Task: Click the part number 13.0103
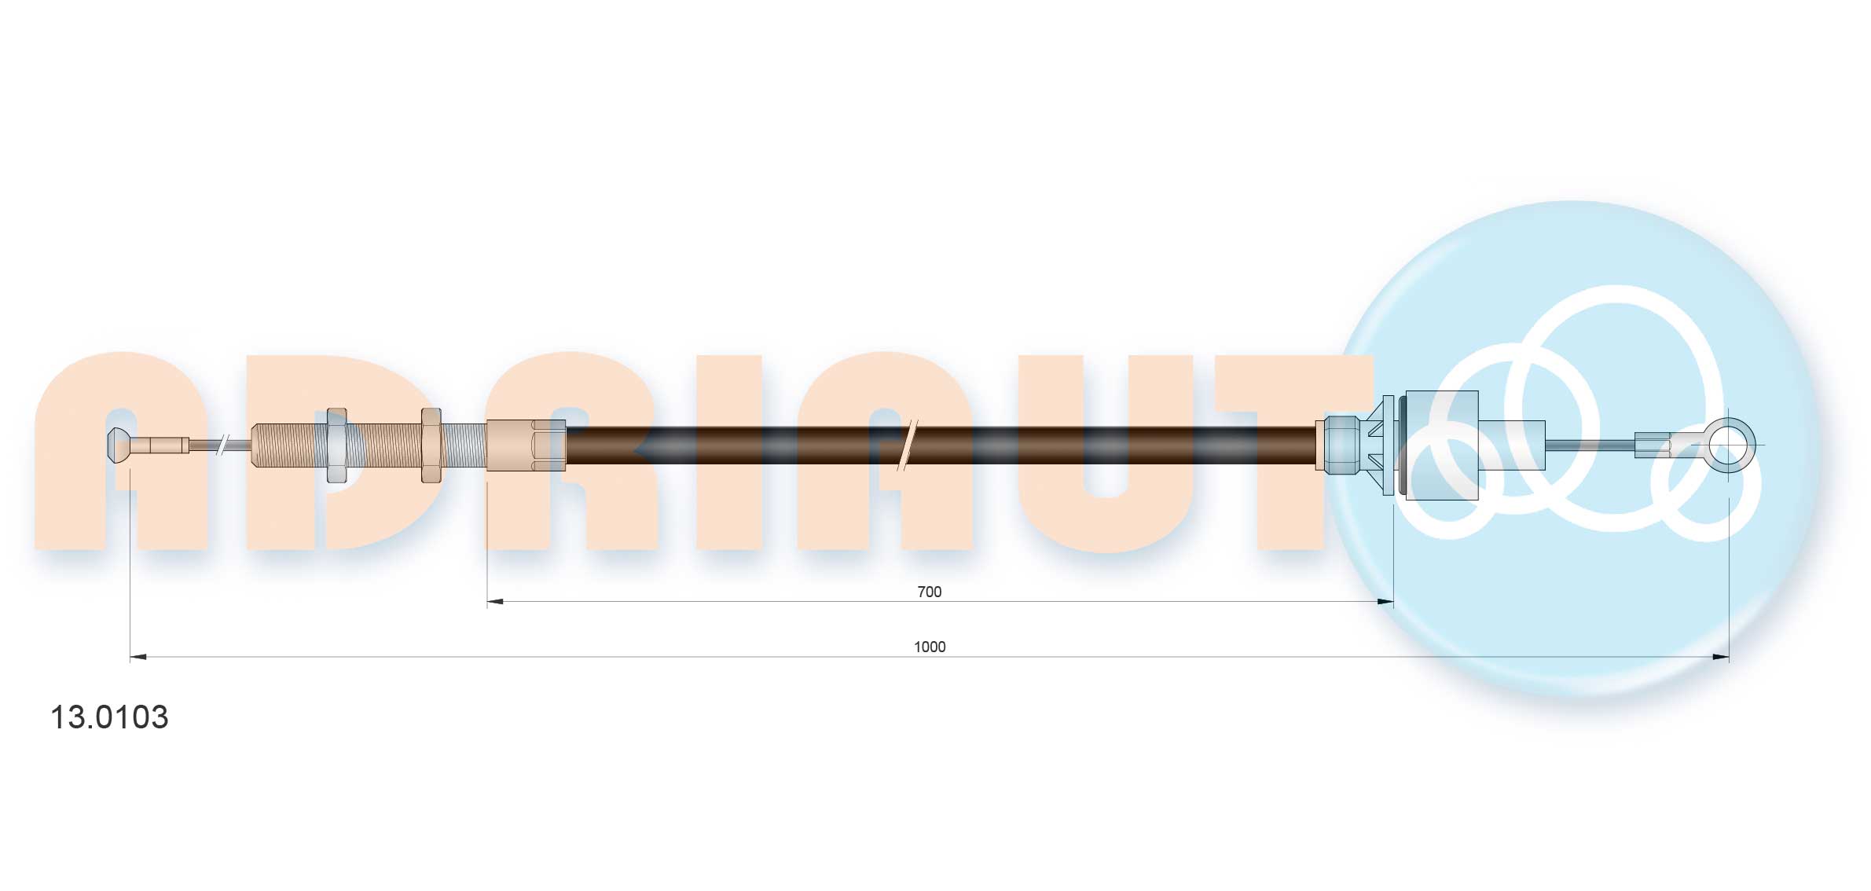(109, 717)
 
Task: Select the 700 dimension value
(929, 592)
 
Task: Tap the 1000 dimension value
(930, 647)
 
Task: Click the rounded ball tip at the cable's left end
(117, 445)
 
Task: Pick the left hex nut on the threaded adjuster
(336, 445)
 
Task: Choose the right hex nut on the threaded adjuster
(431, 445)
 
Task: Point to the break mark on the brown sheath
(907, 445)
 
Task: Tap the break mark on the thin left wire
(223, 445)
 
